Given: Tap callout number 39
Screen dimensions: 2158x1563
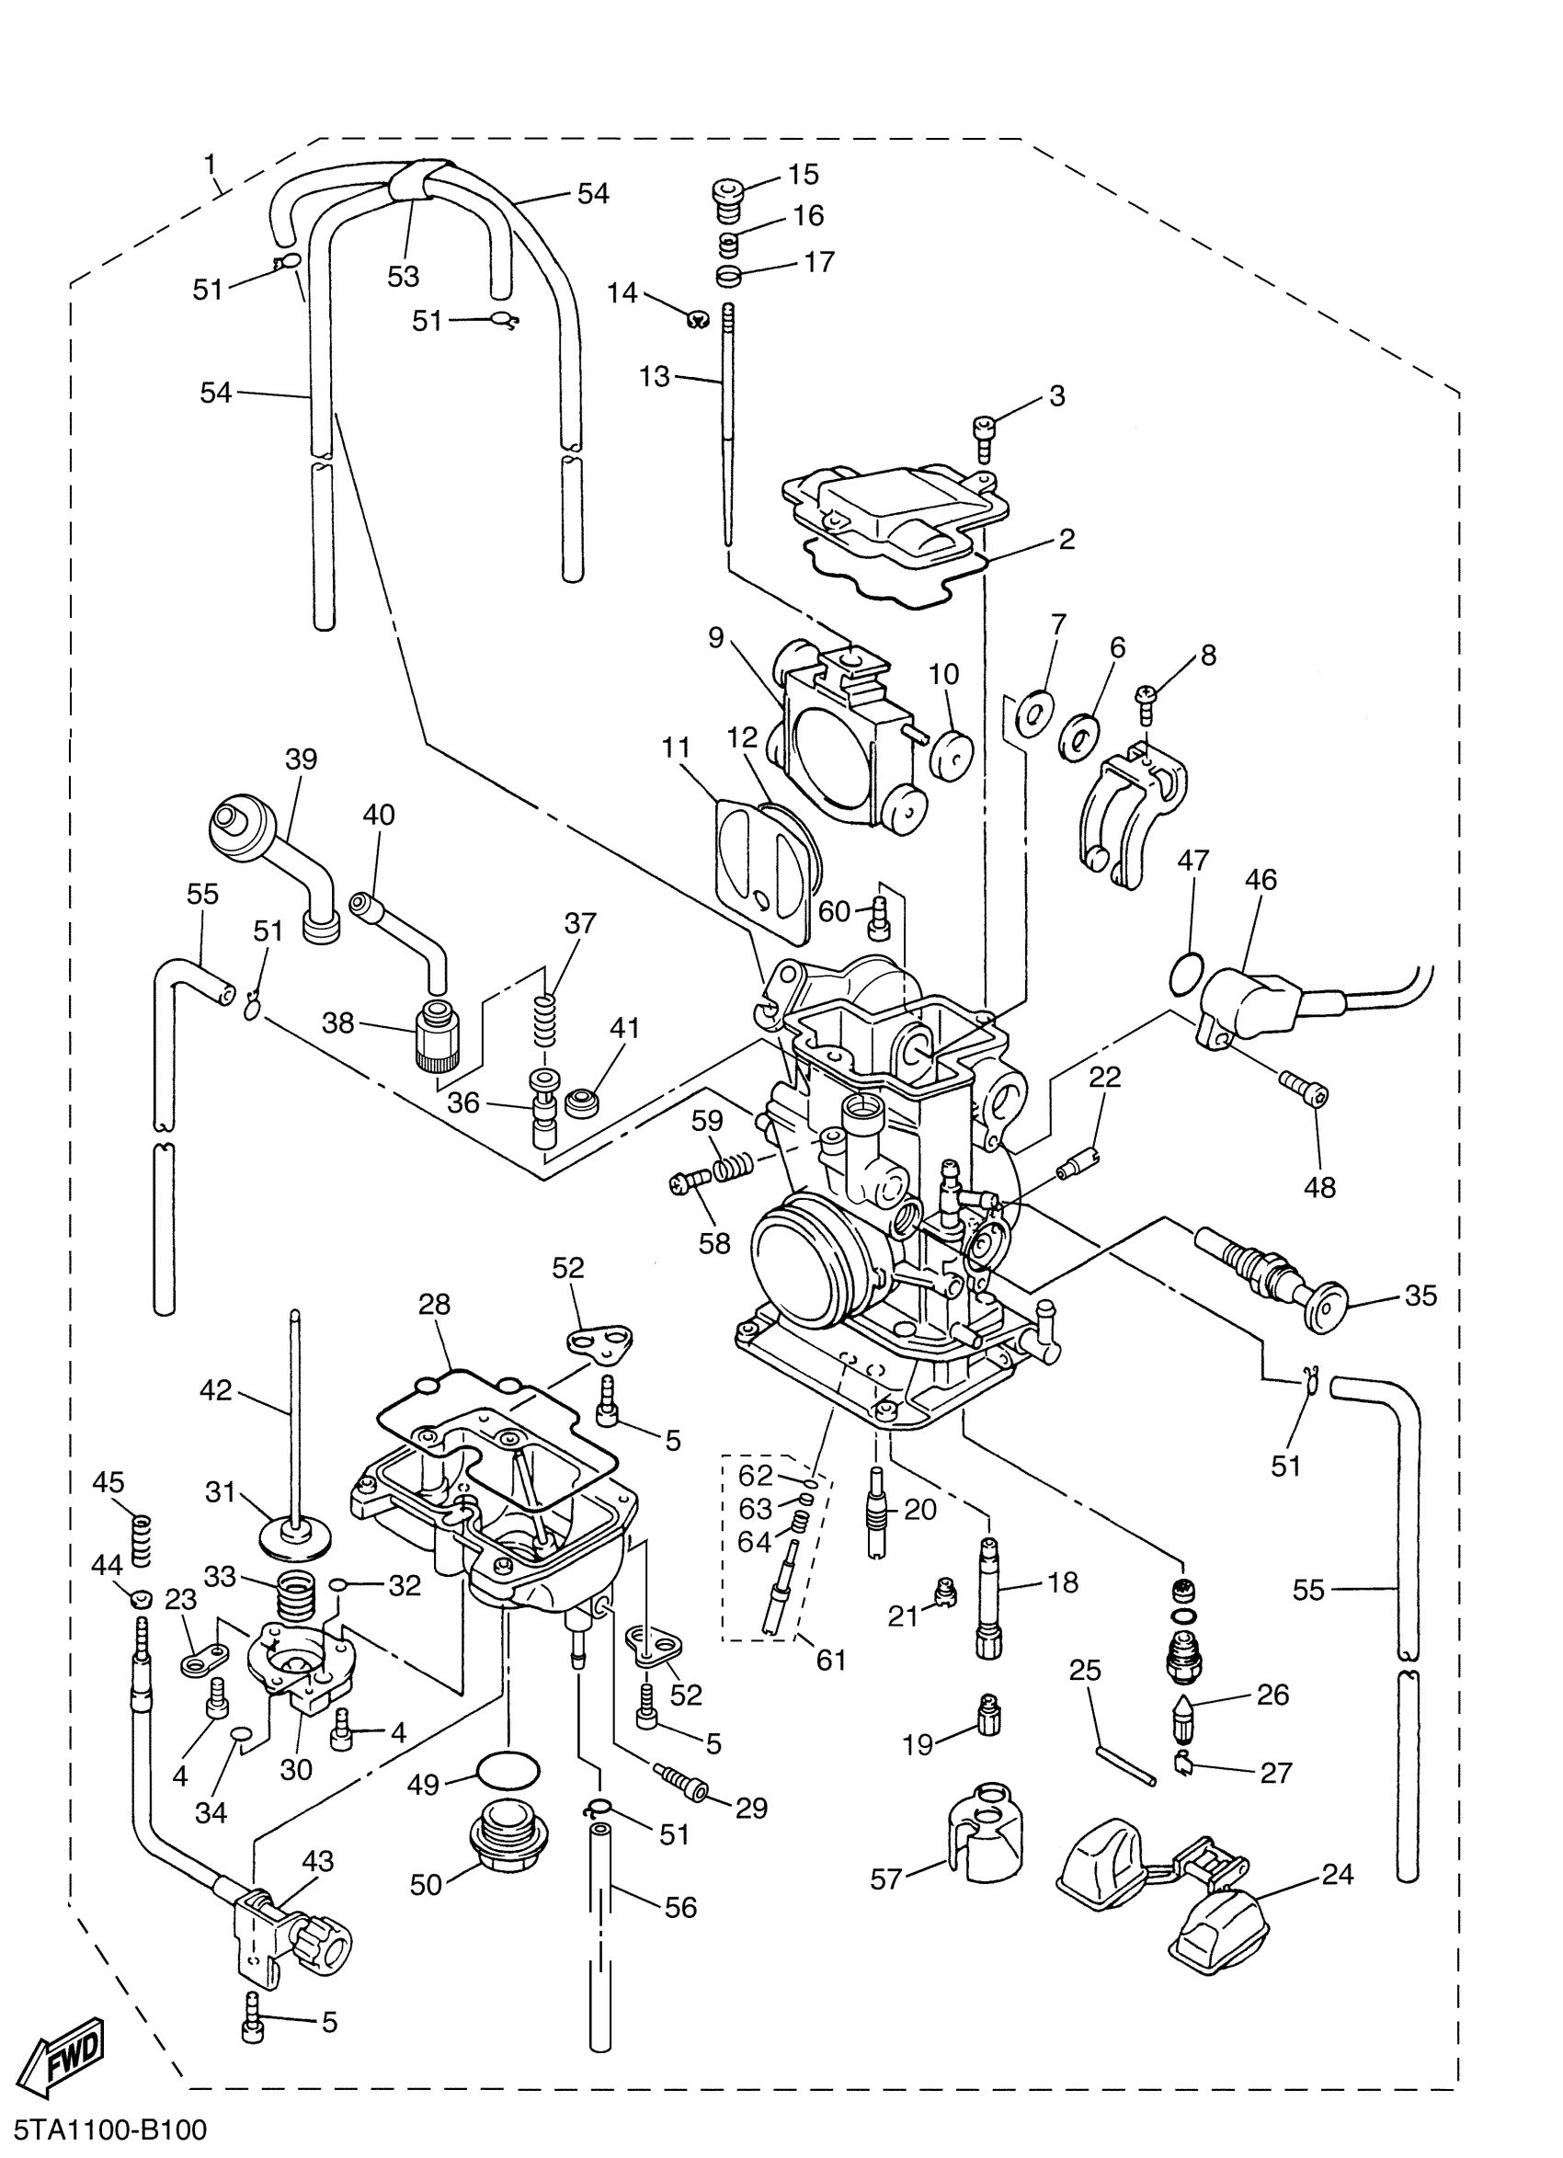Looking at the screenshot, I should click(x=301, y=759).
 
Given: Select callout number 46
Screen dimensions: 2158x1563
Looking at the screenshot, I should click(x=1261, y=879).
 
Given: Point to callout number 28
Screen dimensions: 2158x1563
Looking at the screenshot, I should click(x=434, y=1305).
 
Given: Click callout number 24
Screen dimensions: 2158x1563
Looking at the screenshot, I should click(x=1338, y=1875).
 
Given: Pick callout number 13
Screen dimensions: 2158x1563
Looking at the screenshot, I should click(x=655, y=377).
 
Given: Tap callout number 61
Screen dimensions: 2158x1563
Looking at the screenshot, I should click(x=830, y=1661).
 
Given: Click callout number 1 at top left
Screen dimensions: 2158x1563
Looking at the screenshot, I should click(x=211, y=164).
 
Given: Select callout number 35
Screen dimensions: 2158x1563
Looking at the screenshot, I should click(x=1420, y=1296).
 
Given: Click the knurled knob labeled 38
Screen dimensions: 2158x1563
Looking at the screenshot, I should click(x=438, y=1033).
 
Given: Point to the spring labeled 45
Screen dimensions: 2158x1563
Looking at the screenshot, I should click(x=141, y=1539).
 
